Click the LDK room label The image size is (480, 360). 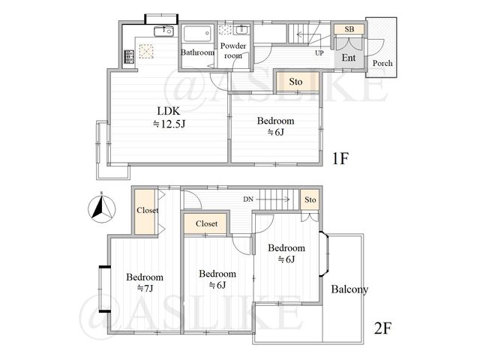tap(168, 110)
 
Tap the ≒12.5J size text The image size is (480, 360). tap(169, 124)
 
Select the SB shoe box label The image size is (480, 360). tap(349, 29)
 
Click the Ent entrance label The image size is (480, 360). tap(349, 58)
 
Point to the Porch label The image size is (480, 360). tap(382, 63)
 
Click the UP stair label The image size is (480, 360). tap(319, 53)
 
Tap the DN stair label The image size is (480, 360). tap(248, 199)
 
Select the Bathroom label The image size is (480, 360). tap(197, 52)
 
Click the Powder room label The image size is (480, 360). tap(233, 50)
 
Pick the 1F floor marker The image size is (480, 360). tap(340, 158)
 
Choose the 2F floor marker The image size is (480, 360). tap(382, 328)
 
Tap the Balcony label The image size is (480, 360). tap(349, 289)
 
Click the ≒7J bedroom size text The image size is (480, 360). tap(145, 288)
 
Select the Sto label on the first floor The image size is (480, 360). tap(295, 82)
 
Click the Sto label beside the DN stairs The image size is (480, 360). tap(310, 199)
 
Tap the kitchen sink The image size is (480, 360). tap(164, 31)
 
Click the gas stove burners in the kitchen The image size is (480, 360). tap(129, 57)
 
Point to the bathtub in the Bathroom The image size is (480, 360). tap(197, 33)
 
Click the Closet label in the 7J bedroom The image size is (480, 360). tap(148, 210)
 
